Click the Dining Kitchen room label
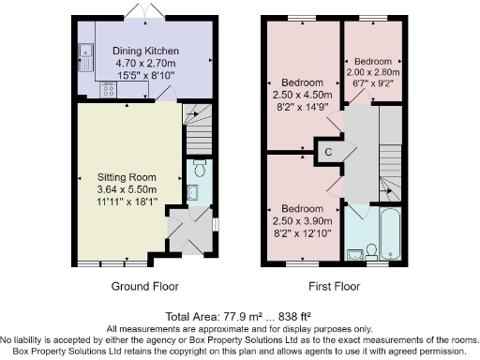coord(145,51)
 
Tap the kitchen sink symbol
coord(85,57)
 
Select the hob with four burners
coord(109,90)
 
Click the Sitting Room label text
coord(127,177)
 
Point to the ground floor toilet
coord(200,168)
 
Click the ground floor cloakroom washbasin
coord(192,192)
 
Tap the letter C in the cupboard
coord(328,152)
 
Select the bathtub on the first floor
coord(391,233)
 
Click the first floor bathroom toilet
coord(371,252)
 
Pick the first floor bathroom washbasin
coord(355,255)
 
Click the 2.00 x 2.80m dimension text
coord(373,72)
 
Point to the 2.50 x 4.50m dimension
coord(302,95)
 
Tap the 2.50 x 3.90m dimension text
coord(302,221)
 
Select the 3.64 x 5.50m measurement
coord(127,189)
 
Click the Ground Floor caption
coord(145,286)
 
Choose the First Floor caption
coord(335,286)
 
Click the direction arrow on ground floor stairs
coord(192,114)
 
